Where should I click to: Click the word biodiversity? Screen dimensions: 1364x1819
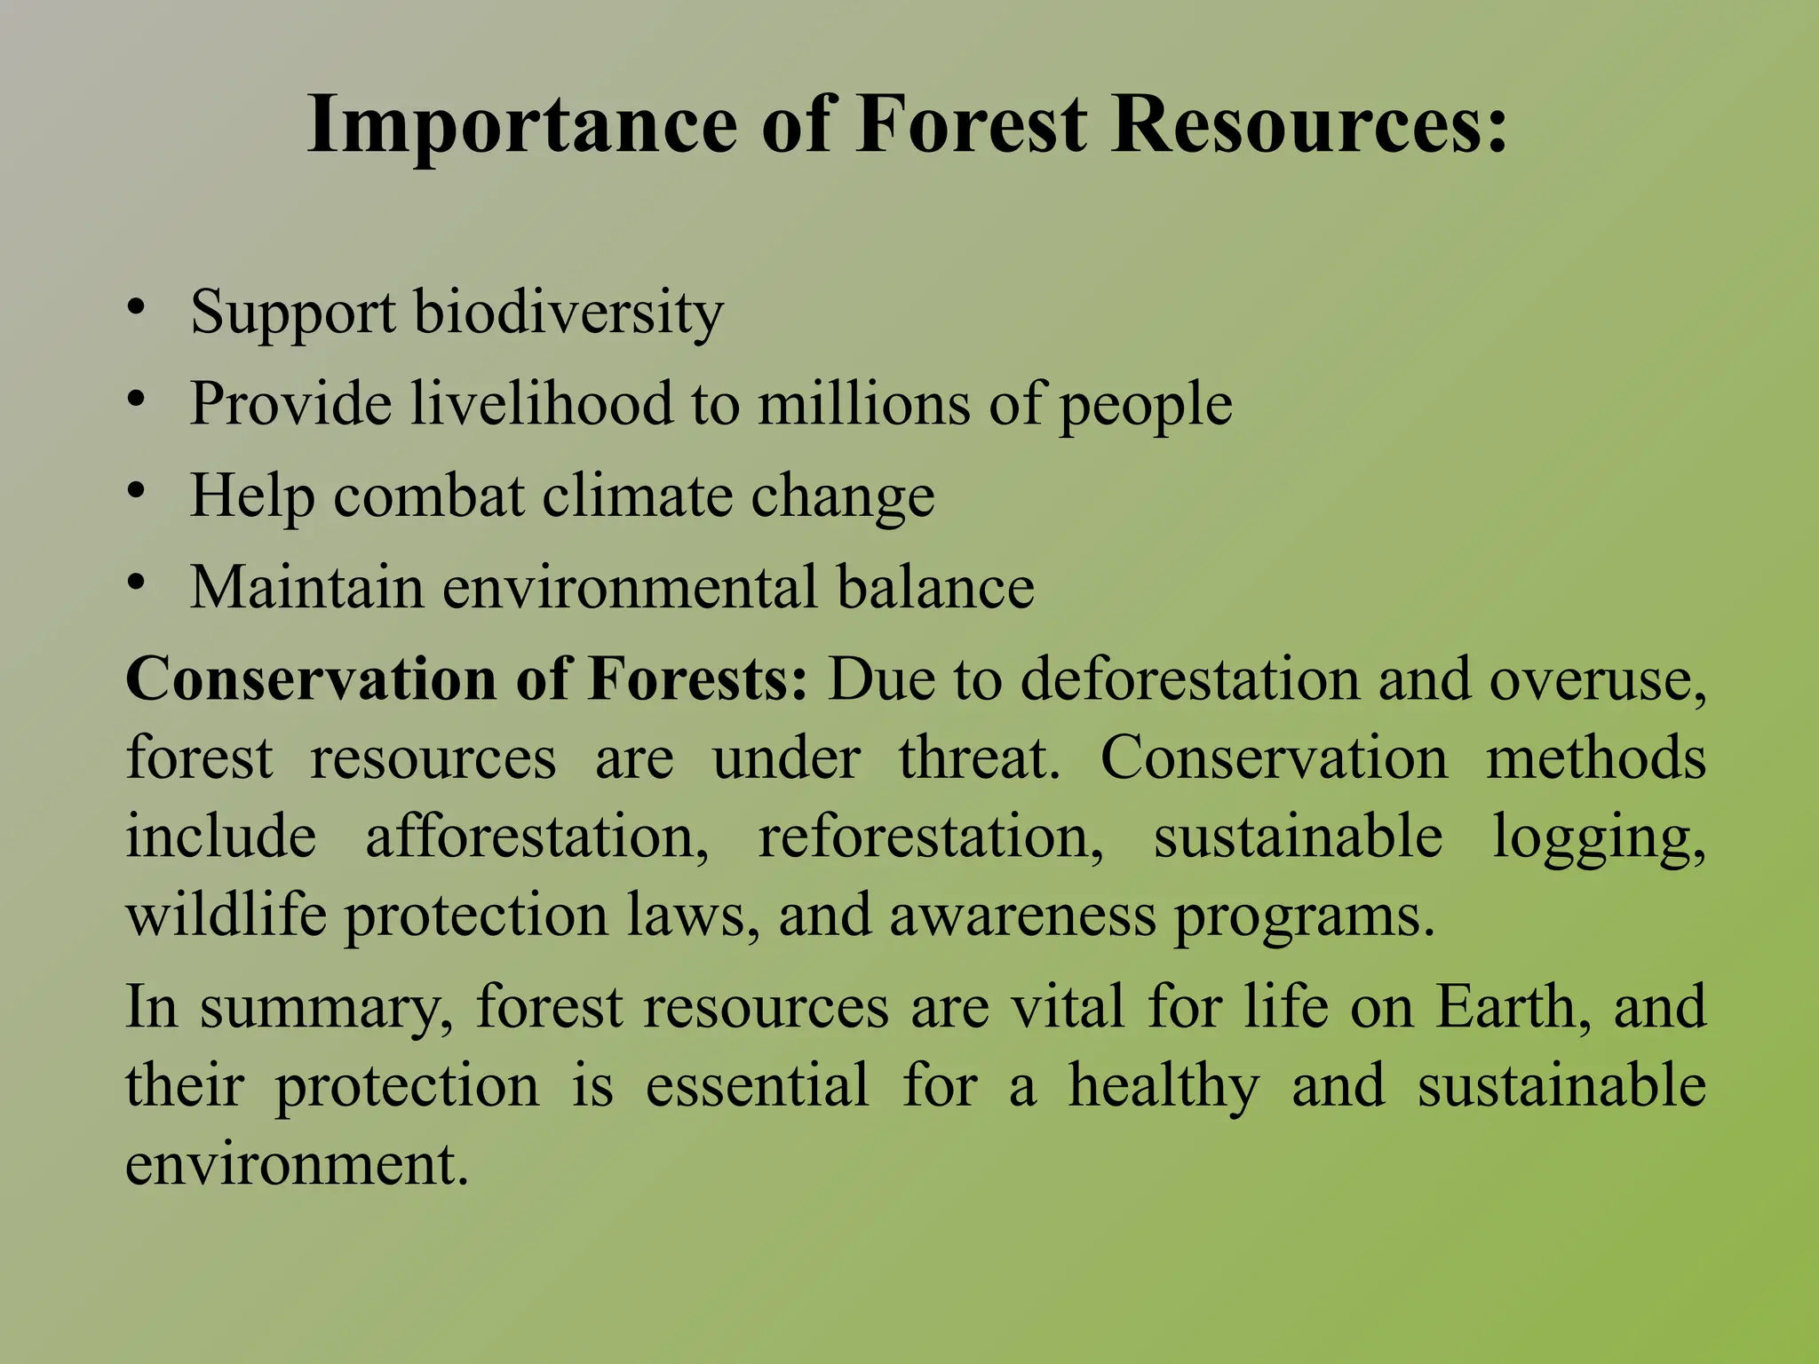568,313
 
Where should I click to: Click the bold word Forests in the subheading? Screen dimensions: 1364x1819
697,679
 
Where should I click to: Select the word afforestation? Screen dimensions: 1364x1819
536,837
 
